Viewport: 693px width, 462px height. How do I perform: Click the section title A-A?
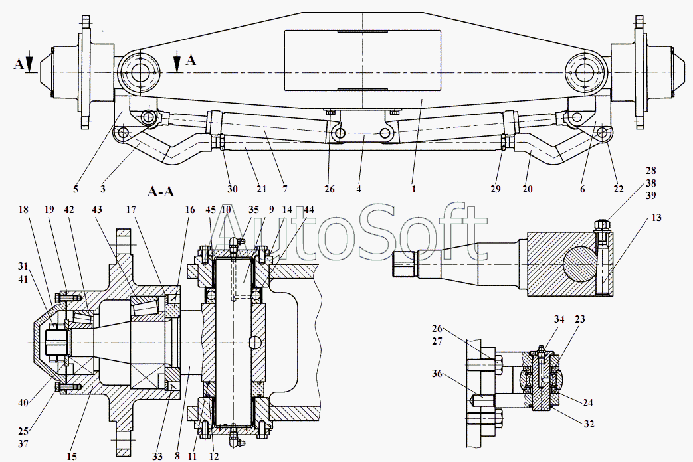(x=160, y=192)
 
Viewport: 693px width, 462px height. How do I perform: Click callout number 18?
(x=23, y=210)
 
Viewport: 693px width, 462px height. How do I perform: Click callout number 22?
(x=619, y=189)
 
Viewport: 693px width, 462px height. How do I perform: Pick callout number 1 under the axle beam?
(x=413, y=189)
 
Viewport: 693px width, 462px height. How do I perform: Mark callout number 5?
(x=75, y=189)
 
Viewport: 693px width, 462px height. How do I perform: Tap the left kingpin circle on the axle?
(x=140, y=72)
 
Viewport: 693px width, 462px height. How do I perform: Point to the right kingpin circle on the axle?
(x=585, y=72)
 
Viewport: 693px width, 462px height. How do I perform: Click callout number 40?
(x=23, y=402)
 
